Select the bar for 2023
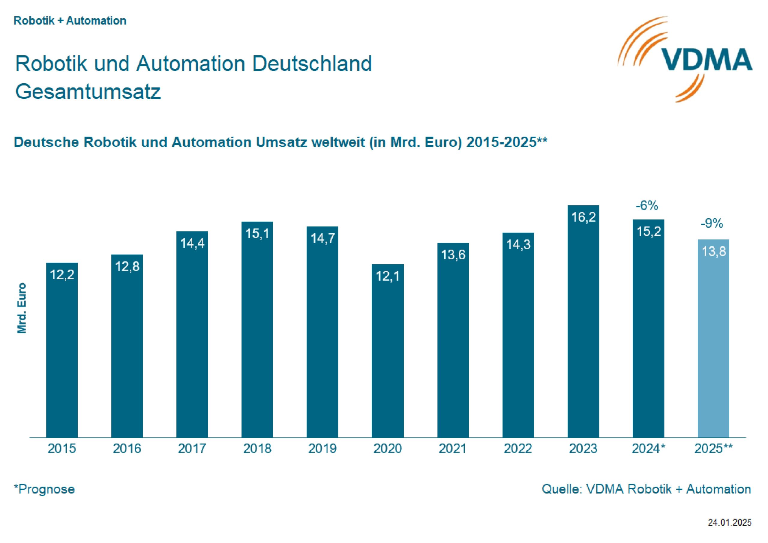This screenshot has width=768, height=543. click(x=583, y=328)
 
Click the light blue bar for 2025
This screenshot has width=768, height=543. click(x=713, y=345)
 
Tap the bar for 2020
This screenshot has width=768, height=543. click(x=387, y=354)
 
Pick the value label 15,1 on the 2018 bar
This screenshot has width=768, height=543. click(x=257, y=233)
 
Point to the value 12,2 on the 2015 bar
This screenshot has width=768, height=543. click(x=62, y=275)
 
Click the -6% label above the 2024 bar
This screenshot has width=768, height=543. click(x=647, y=206)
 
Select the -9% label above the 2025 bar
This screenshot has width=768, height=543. click(x=712, y=223)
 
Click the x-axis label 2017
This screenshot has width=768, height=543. click(x=192, y=448)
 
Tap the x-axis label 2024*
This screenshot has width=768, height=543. click(x=648, y=448)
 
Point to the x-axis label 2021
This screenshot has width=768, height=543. click(x=453, y=448)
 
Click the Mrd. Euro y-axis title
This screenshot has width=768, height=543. click(x=22, y=308)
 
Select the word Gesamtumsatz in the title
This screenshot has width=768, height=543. click(x=88, y=91)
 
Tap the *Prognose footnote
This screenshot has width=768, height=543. click(x=44, y=489)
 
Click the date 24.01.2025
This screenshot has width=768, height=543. click(x=730, y=522)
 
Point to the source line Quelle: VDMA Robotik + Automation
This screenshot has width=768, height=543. click(x=646, y=489)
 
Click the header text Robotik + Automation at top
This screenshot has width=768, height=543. click(x=70, y=21)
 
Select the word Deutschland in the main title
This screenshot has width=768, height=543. click(x=312, y=63)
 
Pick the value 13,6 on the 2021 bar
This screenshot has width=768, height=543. click(x=453, y=255)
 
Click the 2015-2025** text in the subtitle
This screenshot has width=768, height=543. click(x=506, y=142)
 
